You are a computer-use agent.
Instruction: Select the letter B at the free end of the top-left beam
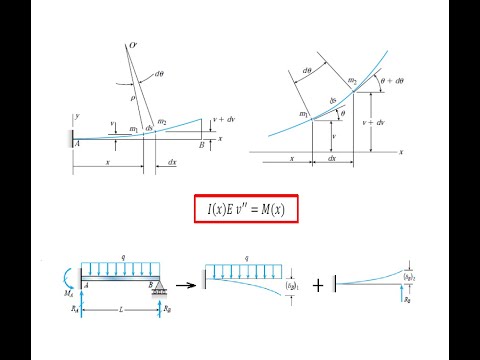(202, 145)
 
